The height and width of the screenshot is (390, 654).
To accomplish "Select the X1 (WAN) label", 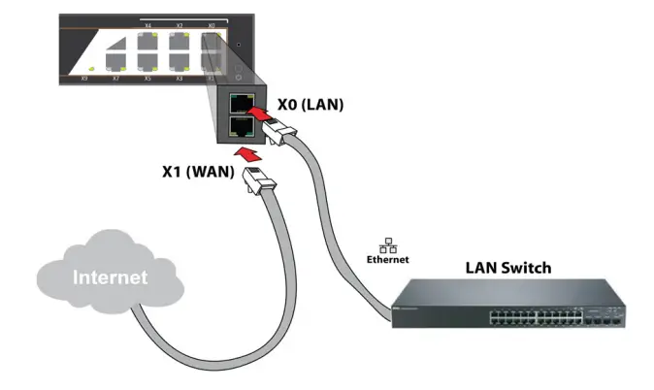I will pyautogui.click(x=198, y=171).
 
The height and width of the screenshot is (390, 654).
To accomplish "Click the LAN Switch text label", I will pyautogui.click(x=507, y=267).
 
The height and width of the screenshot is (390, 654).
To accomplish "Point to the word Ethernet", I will pyautogui.click(x=387, y=260).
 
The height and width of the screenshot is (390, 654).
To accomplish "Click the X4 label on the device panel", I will pyautogui.click(x=147, y=25).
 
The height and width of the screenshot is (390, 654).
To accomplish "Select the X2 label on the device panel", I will pyautogui.click(x=179, y=25).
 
